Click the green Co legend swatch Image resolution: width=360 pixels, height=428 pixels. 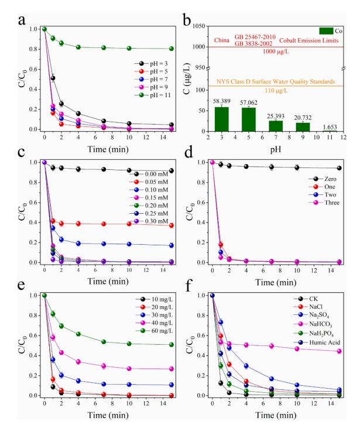click(325, 30)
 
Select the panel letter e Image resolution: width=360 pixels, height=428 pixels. click(22, 287)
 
